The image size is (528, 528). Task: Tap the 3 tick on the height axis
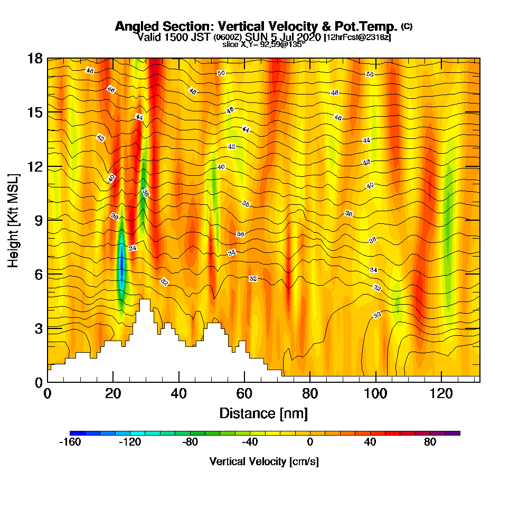coord(38,328)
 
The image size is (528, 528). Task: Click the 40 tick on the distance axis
coord(179,393)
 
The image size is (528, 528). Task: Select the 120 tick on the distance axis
coord(440,393)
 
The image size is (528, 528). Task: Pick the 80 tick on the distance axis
coord(310,393)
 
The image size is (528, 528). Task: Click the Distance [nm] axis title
coord(263,413)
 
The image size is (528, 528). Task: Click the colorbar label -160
coord(70,442)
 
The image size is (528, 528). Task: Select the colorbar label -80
coord(190,442)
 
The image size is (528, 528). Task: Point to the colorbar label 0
coord(310,442)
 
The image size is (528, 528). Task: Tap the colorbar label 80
coord(430,442)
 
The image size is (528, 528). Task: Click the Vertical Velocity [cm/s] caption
coord(264,461)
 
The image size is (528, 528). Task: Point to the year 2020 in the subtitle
coord(308,37)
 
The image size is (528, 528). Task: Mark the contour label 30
coord(377,315)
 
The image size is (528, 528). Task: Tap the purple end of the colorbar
coord(454,433)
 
